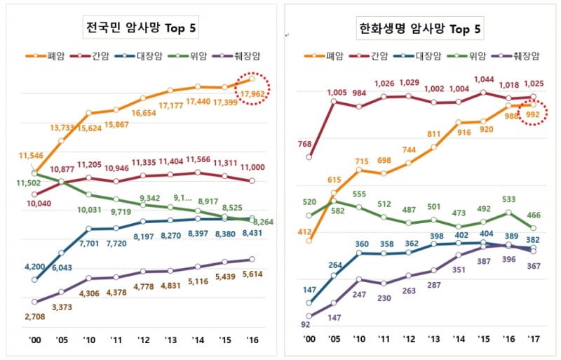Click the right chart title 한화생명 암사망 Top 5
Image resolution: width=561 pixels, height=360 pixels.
[419, 29]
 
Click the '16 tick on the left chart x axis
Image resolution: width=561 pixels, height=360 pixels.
[252, 338]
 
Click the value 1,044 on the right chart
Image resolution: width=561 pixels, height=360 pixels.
[484, 79]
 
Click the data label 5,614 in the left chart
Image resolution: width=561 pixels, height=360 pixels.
[252, 276]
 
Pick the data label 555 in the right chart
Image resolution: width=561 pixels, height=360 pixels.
[359, 194]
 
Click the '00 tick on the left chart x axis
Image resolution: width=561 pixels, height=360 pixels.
[34, 338]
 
